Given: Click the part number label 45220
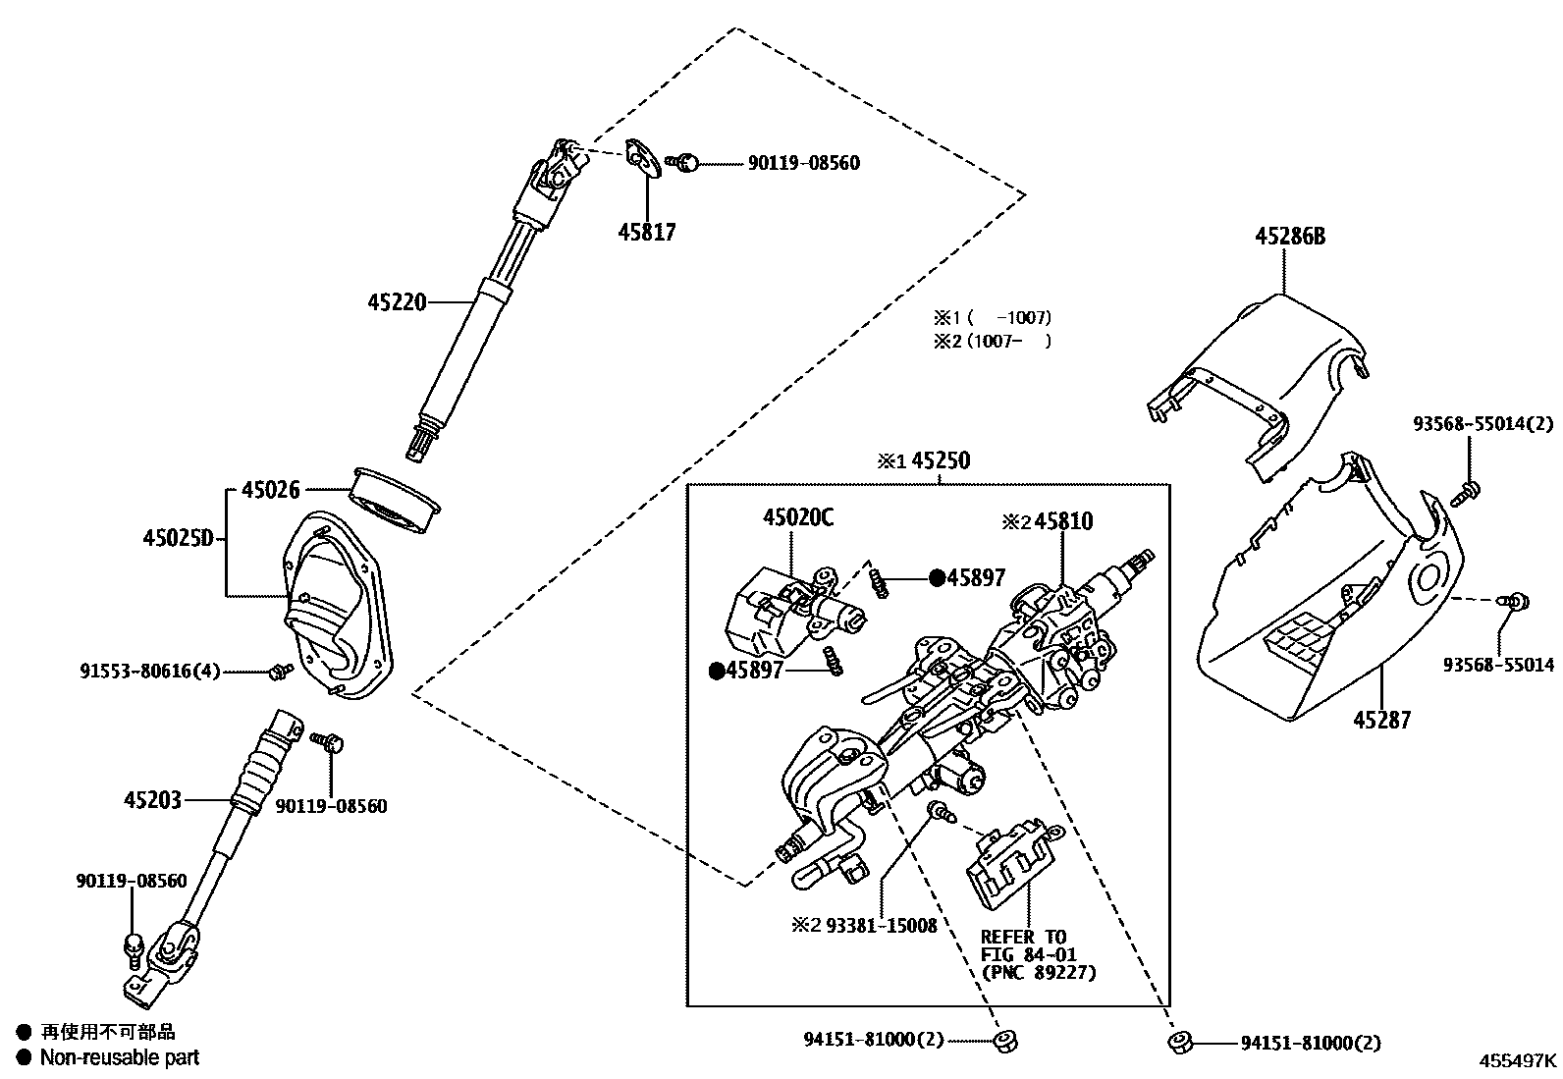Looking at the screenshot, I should point(397,302).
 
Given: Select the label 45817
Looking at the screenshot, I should point(646,233).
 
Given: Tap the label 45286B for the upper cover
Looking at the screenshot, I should point(1289,237).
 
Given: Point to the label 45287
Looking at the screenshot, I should point(1381,720).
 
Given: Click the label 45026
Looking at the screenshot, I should point(271,489).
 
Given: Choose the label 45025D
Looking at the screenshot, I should point(178,538).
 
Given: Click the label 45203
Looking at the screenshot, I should point(152,800).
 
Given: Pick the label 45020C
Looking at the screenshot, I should point(797,517).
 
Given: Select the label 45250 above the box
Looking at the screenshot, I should point(940,460).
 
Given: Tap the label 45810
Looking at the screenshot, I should point(1062,521).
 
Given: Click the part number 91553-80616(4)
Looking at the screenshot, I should point(149,672).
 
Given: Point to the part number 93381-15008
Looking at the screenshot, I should point(881,924).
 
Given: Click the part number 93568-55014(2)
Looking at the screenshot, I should point(1483,423).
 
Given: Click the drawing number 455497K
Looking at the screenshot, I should point(1518,1060).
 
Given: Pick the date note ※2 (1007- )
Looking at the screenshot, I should point(992,341).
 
